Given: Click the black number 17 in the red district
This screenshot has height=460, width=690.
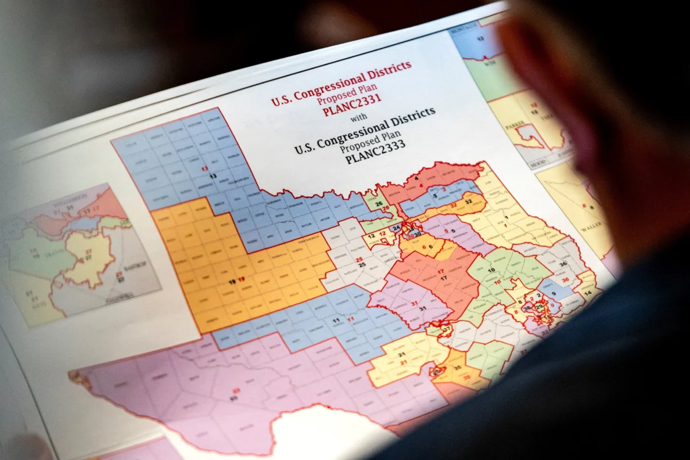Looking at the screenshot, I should tap(443, 278).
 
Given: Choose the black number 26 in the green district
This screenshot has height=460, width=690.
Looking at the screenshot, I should tap(379, 204).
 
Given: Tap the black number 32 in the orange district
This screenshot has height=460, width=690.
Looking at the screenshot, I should tap(468, 202).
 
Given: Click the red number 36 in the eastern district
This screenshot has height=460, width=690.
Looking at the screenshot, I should tap(565, 281).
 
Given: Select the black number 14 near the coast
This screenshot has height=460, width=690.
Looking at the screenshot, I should tap(587, 293).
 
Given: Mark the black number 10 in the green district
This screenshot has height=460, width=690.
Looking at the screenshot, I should tap(491, 270).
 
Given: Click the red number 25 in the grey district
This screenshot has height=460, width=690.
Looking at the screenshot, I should tap(359, 260).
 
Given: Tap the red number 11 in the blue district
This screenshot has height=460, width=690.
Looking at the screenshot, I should tap(350, 319).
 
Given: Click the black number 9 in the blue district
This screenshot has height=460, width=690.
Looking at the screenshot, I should tap(553, 294).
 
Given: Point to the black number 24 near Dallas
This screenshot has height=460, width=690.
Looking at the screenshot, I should tap(396, 228).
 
